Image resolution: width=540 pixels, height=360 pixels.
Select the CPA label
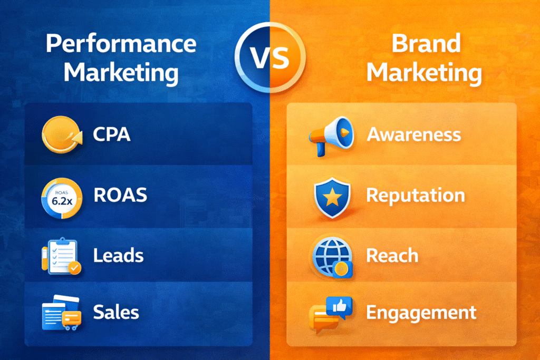(x=111, y=134)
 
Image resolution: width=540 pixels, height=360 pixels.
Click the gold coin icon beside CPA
(x=59, y=135)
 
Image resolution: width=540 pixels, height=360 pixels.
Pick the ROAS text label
(x=120, y=196)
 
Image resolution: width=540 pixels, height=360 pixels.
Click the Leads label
(x=118, y=256)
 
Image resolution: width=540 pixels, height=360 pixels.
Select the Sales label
(x=116, y=312)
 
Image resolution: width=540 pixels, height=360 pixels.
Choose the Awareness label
(x=413, y=134)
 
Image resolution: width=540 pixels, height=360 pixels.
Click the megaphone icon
(x=330, y=135)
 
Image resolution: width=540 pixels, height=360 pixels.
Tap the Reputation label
(x=416, y=196)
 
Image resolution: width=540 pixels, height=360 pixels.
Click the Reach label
(x=392, y=256)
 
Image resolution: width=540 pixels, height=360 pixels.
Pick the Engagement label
(x=421, y=313)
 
